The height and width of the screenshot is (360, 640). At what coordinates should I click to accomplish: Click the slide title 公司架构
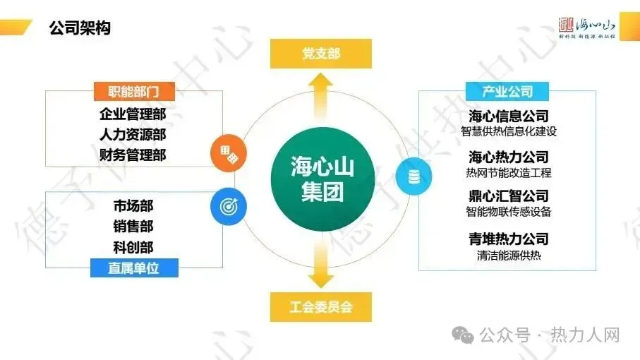click(80, 29)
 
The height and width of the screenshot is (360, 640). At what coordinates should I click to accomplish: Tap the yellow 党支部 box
click(321, 54)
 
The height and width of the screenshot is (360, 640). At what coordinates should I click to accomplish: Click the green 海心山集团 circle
click(321, 179)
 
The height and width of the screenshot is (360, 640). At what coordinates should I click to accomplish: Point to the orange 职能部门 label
click(133, 92)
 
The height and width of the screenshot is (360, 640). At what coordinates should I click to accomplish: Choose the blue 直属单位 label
click(133, 268)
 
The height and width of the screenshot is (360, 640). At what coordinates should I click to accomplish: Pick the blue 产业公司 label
click(508, 92)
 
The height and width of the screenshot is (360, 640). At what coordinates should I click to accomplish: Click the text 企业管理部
click(133, 114)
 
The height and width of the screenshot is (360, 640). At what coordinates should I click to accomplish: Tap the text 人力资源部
click(133, 134)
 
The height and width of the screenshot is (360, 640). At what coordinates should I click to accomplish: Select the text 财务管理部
click(133, 154)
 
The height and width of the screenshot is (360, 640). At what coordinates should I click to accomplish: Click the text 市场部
click(133, 206)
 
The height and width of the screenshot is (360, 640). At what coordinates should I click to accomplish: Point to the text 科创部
click(133, 246)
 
